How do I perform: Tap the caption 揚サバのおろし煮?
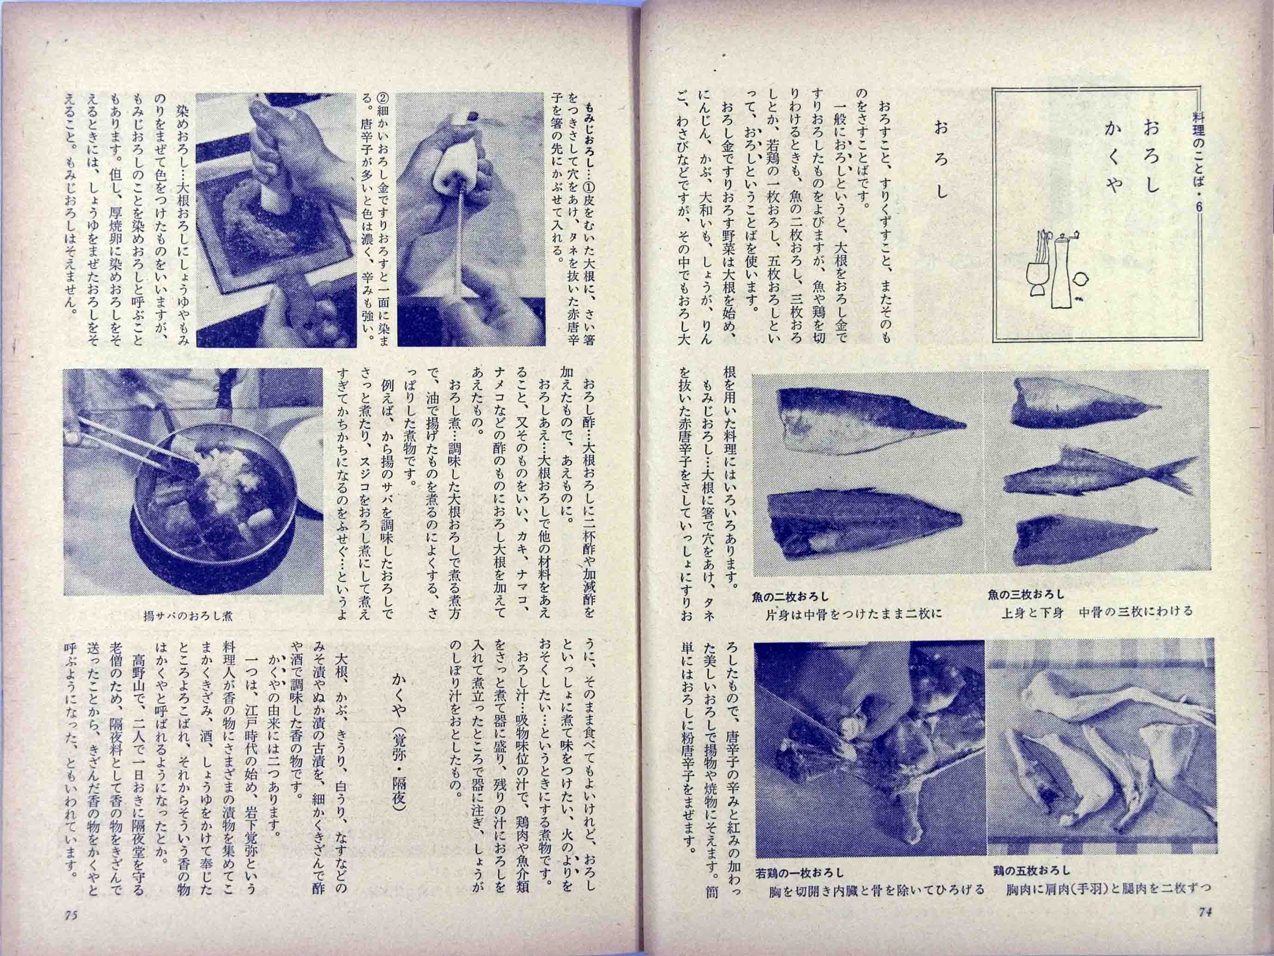pos(188,616)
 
